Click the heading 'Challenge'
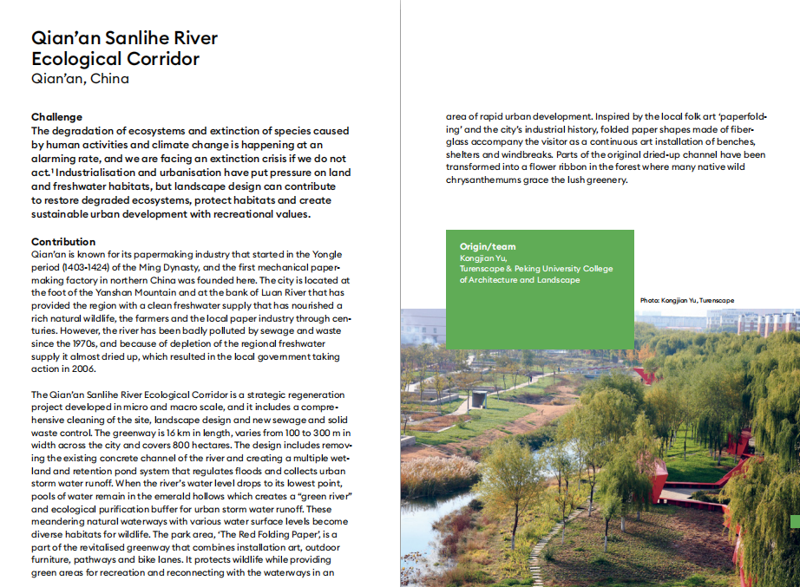click(57, 117)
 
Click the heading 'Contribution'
click(63, 241)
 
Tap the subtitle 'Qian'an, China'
click(80, 79)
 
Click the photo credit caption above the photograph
click(685, 300)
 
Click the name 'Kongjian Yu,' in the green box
click(484, 258)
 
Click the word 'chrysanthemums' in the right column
click(472, 180)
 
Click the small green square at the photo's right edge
click(795, 521)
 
